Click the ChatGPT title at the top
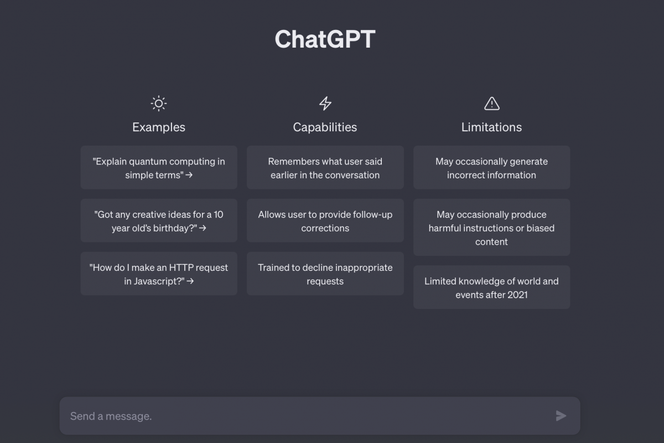coord(325,39)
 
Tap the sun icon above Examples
coord(159,104)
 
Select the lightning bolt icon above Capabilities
coord(325,103)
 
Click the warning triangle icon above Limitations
coord(492,104)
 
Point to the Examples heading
coord(159,127)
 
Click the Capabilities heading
coord(325,127)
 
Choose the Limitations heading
coord(491,127)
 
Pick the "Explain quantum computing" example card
coord(159,167)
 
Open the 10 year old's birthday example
coord(159,220)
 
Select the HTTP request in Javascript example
coord(159,274)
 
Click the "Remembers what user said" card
coord(325,167)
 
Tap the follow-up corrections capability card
coord(325,220)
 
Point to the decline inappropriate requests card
coord(325,274)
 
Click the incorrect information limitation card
coord(491,167)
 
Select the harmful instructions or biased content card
coord(491,227)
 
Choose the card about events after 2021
coord(491,287)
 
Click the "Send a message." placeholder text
coord(111,416)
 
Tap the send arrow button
coord(561,416)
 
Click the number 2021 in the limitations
coord(517,295)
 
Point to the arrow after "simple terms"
coord(189,175)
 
